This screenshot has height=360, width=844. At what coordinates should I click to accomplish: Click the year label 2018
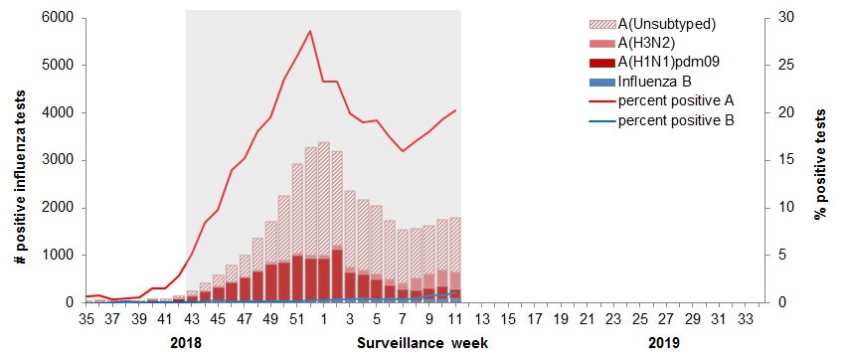pos(187,343)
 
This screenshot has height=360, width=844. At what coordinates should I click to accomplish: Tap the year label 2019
pos(651,343)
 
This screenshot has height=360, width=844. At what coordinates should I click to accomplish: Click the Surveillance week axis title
pos(422,343)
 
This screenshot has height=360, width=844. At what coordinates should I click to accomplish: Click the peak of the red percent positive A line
pos(310,31)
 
